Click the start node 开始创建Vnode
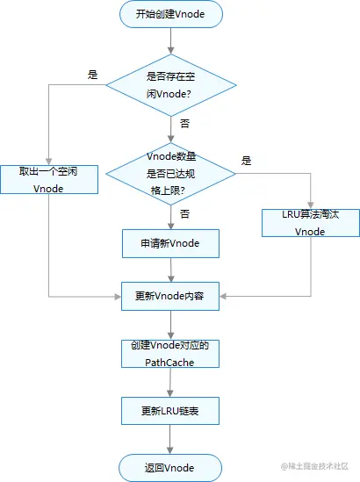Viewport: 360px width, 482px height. click(x=170, y=14)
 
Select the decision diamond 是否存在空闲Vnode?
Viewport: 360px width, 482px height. click(x=171, y=85)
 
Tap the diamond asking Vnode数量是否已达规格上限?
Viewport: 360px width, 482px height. click(x=171, y=174)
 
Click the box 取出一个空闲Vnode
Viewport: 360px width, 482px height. click(x=49, y=179)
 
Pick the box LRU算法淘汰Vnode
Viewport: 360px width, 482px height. click(x=311, y=223)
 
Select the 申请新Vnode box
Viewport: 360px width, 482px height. click(x=170, y=243)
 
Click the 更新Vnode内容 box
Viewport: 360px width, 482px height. click(x=170, y=296)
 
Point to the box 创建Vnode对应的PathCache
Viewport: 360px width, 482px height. click(x=170, y=354)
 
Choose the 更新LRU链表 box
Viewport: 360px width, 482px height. click(x=170, y=411)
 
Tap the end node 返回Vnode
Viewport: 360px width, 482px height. click(x=170, y=468)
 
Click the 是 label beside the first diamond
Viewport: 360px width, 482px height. click(x=92, y=75)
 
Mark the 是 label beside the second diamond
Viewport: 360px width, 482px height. click(x=246, y=161)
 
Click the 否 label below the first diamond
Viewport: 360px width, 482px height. click(x=184, y=124)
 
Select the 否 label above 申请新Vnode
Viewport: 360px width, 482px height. click(x=184, y=213)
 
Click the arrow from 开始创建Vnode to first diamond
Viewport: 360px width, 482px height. click(x=171, y=41)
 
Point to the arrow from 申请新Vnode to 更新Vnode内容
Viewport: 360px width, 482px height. click(x=171, y=270)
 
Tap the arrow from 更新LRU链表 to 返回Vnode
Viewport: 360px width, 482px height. click(x=170, y=440)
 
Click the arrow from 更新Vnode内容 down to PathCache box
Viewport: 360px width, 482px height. click(x=170, y=325)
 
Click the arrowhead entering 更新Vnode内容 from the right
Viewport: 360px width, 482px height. click(x=223, y=297)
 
